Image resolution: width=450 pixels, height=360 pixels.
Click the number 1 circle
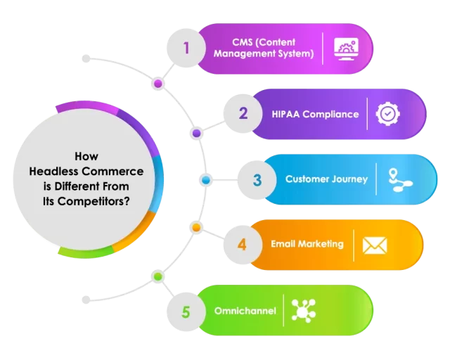[186, 49]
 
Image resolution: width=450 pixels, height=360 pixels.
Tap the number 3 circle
[257, 179]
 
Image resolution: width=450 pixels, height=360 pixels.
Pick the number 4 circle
[242, 245]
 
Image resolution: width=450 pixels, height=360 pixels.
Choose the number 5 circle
[186, 311]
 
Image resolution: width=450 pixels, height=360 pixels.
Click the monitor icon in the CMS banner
[347, 49]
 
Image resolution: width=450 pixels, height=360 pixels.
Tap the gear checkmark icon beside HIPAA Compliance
[388, 114]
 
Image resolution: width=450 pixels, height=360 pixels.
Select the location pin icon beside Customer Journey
[400, 179]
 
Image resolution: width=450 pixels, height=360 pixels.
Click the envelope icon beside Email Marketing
[375, 245]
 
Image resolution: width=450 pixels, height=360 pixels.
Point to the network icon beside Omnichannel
[304, 311]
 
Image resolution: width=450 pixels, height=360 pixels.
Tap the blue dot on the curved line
[206, 180]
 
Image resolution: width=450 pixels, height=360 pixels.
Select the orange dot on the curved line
[197, 228]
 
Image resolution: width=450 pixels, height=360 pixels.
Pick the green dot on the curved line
[158, 276]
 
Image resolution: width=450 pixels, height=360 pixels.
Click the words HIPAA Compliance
[315, 114]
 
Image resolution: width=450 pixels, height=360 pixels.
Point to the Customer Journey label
[326, 179]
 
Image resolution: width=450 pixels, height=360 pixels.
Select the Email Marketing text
[307, 244]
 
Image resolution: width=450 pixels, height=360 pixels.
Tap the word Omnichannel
[244, 311]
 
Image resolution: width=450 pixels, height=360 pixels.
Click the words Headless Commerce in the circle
[86, 172]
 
